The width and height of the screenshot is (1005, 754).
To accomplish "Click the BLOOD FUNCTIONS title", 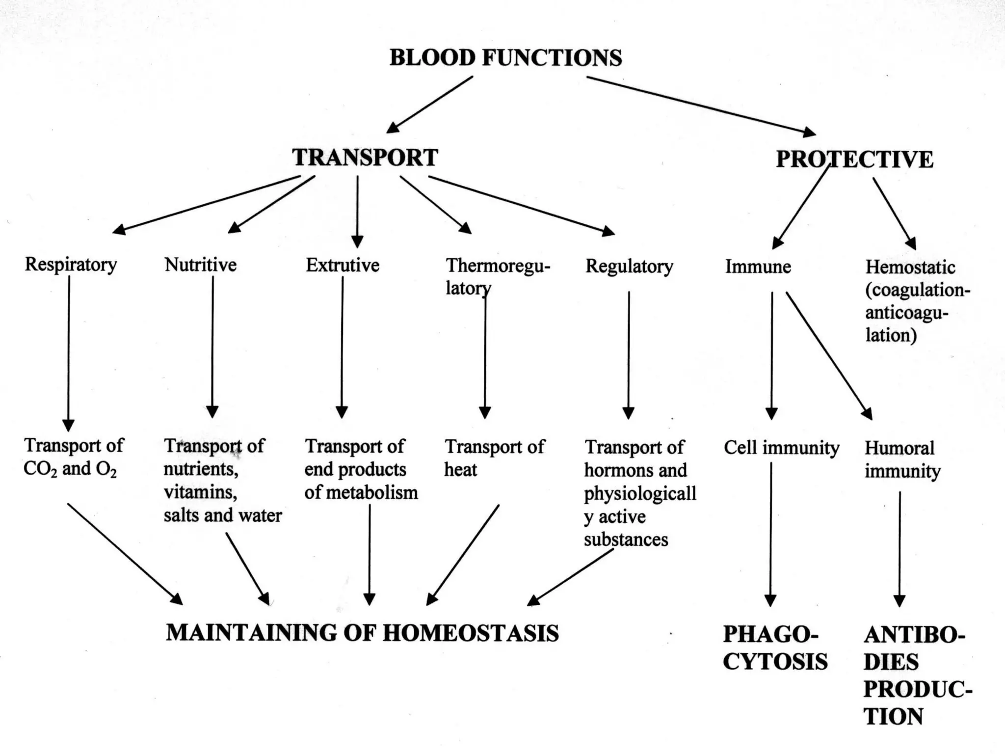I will tap(505, 58).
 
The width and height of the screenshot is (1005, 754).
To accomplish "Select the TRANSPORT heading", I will tap(365, 158).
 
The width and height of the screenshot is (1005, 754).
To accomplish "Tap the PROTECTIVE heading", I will tap(854, 160).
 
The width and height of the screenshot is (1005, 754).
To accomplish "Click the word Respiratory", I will tap(71, 265).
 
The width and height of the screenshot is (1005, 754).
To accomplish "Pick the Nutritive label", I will tap(200, 265).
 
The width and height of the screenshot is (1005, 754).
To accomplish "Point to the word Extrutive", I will tap(343, 266).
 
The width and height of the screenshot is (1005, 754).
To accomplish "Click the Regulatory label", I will tap(629, 267).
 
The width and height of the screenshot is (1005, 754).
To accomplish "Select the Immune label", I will tap(758, 267).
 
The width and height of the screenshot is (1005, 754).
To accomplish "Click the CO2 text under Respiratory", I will tap(37, 469).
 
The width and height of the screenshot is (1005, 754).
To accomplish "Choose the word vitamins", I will tap(200, 492).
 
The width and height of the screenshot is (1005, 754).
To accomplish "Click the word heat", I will tap(460, 470).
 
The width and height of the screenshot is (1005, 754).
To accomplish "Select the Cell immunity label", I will tap(781, 448).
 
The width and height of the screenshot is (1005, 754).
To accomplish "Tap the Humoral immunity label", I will tap(902, 459).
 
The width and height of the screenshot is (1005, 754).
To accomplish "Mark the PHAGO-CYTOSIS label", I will tap(774, 648).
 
